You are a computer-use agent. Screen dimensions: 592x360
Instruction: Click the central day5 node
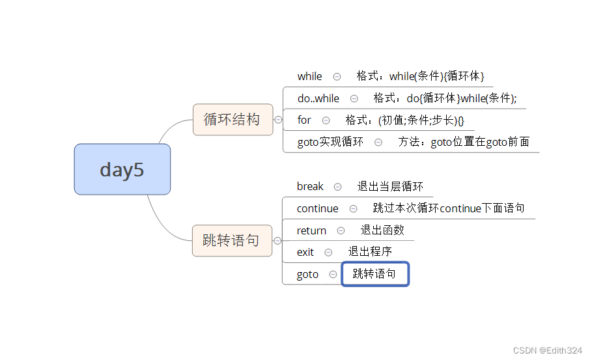[x=122, y=169]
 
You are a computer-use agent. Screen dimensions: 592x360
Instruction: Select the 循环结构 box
[x=233, y=119]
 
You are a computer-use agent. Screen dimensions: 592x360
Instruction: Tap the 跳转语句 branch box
[x=232, y=240]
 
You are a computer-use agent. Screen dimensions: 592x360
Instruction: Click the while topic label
[x=309, y=76]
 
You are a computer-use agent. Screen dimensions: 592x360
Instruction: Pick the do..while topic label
[x=318, y=98]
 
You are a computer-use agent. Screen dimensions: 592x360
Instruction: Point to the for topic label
[x=304, y=120]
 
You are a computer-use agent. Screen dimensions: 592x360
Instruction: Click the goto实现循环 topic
[x=330, y=141]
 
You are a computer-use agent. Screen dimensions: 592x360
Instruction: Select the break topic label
[x=310, y=186]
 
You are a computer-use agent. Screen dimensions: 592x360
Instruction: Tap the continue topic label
[x=317, y=208]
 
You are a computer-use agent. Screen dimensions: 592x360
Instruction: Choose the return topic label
[x=311, y=230]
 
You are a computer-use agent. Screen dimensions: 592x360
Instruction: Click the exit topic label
[x=305, y=252]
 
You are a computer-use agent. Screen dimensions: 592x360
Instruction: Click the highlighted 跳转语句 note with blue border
[x=375, y=274]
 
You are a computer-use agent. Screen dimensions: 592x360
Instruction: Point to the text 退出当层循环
[x=390, y=186]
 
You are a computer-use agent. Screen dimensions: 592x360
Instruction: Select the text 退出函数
[x=382, y=230]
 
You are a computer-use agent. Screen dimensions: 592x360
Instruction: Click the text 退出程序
[x=370, y=251]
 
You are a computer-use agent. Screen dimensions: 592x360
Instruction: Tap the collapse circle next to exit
[x=328, y=252]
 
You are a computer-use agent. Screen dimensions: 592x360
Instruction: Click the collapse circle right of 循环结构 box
[x=278, y=120]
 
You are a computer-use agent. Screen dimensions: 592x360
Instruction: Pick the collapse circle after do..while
[x=354, y=99]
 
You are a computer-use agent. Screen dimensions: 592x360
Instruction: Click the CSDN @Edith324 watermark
[x=547, y=350]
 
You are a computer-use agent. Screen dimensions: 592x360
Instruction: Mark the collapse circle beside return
[x=341, y=230]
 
